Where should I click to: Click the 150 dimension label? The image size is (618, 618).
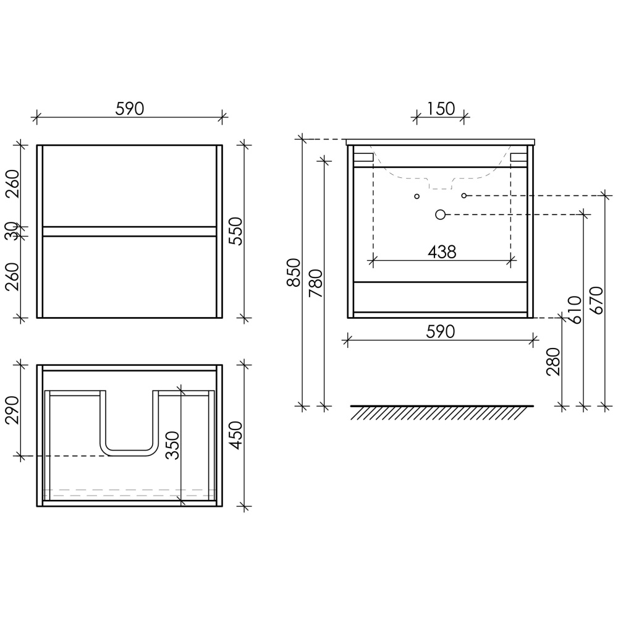click(441, 109)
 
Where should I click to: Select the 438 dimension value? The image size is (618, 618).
click(442, 252)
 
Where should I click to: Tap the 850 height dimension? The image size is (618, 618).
click(294, 273)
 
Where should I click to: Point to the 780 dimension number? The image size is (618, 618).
click(316, 283)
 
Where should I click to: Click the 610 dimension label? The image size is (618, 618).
click(575, 310)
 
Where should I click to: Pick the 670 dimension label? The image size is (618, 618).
click(597, 300)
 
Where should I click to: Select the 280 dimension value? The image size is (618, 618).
click(553, 362)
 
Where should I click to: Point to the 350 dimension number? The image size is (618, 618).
click(172, 446)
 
